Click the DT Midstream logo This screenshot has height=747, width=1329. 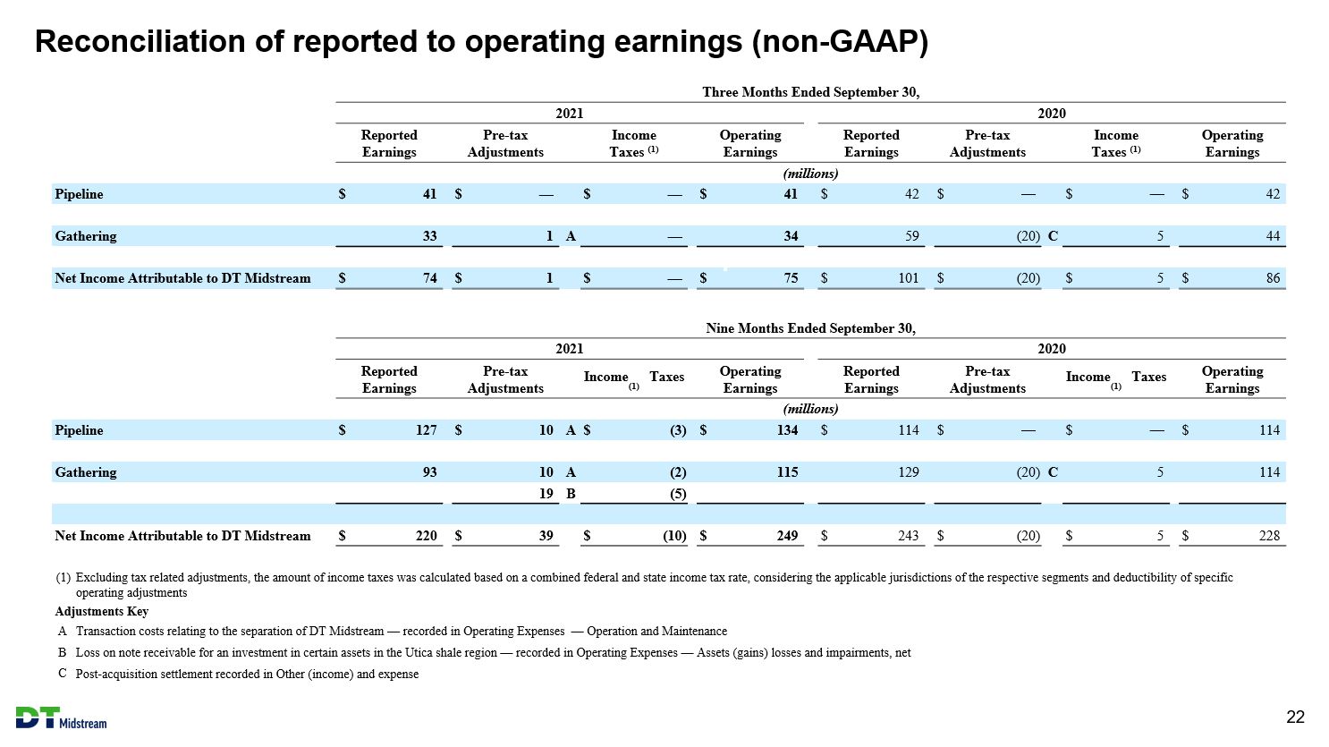61,718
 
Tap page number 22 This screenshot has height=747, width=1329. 1295,717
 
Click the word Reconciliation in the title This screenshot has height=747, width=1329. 140,41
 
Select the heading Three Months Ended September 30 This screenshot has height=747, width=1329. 810,92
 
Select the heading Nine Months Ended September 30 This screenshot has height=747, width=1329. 810,328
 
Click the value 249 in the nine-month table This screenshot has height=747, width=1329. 787,536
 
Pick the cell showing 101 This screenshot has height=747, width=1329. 909,278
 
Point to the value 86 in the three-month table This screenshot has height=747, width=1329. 1273,278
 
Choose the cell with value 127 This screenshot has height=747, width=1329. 426,430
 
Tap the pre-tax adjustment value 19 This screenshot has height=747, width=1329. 546,494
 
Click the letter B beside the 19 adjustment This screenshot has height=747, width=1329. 571,494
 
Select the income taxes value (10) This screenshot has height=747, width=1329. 674,536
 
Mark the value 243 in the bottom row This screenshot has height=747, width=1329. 909,536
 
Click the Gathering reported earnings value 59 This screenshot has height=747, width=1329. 912,236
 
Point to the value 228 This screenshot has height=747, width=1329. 1270,536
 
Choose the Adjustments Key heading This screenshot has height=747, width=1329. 101,611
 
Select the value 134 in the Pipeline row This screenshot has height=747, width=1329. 787,430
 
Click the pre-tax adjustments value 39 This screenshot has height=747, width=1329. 546,536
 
